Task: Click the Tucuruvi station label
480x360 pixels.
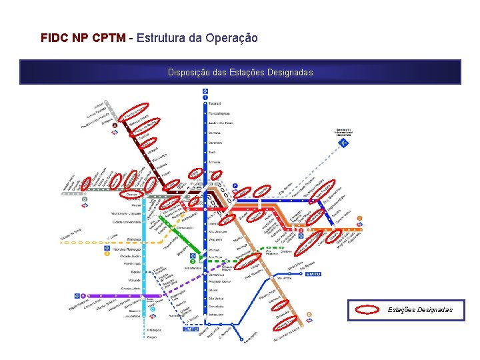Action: [215, 103]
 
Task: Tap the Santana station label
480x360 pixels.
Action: [215, 133]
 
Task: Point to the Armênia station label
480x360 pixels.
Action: [215, 162]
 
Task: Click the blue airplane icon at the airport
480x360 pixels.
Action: [344, 143]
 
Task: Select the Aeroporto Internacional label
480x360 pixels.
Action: [343, 131]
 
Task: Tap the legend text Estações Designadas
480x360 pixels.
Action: [420, 309]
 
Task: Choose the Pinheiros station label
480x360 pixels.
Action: [133, 239]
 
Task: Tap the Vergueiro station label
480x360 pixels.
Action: [215, 239]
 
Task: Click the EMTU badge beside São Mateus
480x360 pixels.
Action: [313, 274]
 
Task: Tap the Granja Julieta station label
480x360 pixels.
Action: [131, 289]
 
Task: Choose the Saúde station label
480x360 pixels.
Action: [213, 291]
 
